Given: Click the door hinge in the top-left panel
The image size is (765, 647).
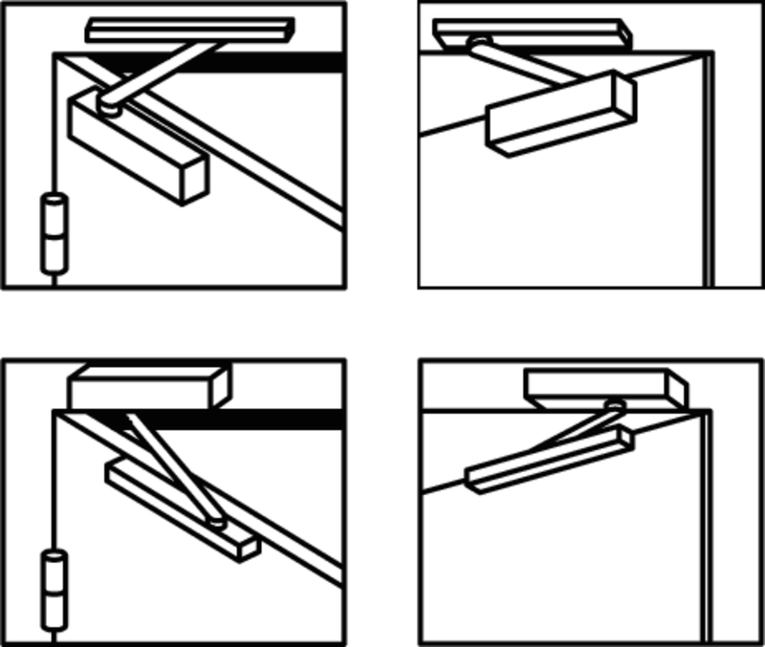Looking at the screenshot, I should click(x=55, y=233).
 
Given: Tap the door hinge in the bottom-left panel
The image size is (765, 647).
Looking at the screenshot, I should click(x=55, y=590).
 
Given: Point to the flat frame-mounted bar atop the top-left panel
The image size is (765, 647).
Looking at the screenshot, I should click(x=189, y=30).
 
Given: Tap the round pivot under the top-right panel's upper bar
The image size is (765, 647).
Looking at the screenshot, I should click(x=477, y=42).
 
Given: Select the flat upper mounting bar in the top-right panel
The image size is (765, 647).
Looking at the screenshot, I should click(x=531, y=32).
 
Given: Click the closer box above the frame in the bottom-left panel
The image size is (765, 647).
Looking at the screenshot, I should click(x=148, y=386).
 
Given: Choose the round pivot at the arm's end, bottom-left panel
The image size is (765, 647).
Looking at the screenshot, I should click(x=217, y=522).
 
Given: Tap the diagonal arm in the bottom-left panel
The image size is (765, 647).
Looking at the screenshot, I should click(x=172, y=468).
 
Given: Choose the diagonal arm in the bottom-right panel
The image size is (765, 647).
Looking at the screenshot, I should click(x=574, y=431).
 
